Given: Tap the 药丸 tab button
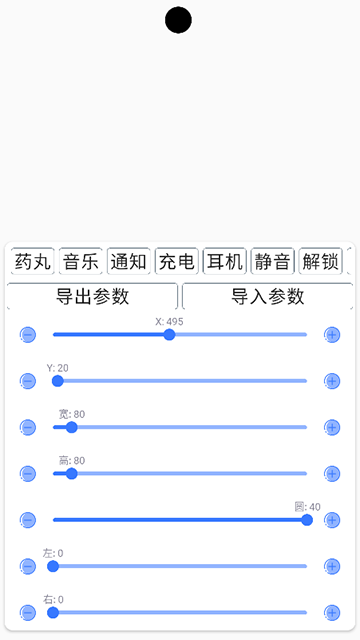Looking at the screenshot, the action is tap(32, 262).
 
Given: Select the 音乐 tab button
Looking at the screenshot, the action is tap(81, 262).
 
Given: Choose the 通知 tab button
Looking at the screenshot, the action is tap(129, 262).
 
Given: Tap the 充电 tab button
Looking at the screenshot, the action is tap(177, 262).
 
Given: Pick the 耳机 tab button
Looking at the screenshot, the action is tap(224, 262).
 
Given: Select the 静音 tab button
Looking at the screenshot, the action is tap(273, 262).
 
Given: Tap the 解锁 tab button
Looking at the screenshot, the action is tap(320, 262).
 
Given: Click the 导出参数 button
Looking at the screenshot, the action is tap(93, 296).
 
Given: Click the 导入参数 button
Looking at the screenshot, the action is tap(267, 296).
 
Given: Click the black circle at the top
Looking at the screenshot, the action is tap(178, 20).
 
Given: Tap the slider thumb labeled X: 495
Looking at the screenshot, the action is tap(169, 335).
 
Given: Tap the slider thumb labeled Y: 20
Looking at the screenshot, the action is tap(57, 381).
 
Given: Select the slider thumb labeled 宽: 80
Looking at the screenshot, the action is tap(71, 427).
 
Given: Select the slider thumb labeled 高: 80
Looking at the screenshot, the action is tap(71, 473).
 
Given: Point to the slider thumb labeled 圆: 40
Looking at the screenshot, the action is tap(307, 520).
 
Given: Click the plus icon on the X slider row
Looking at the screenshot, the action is tap(332, 335).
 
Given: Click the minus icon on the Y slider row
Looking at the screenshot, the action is tap(28, 381).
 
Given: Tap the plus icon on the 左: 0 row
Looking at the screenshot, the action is tap(332, 566).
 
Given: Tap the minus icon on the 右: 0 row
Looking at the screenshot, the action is tap(28, 612).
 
